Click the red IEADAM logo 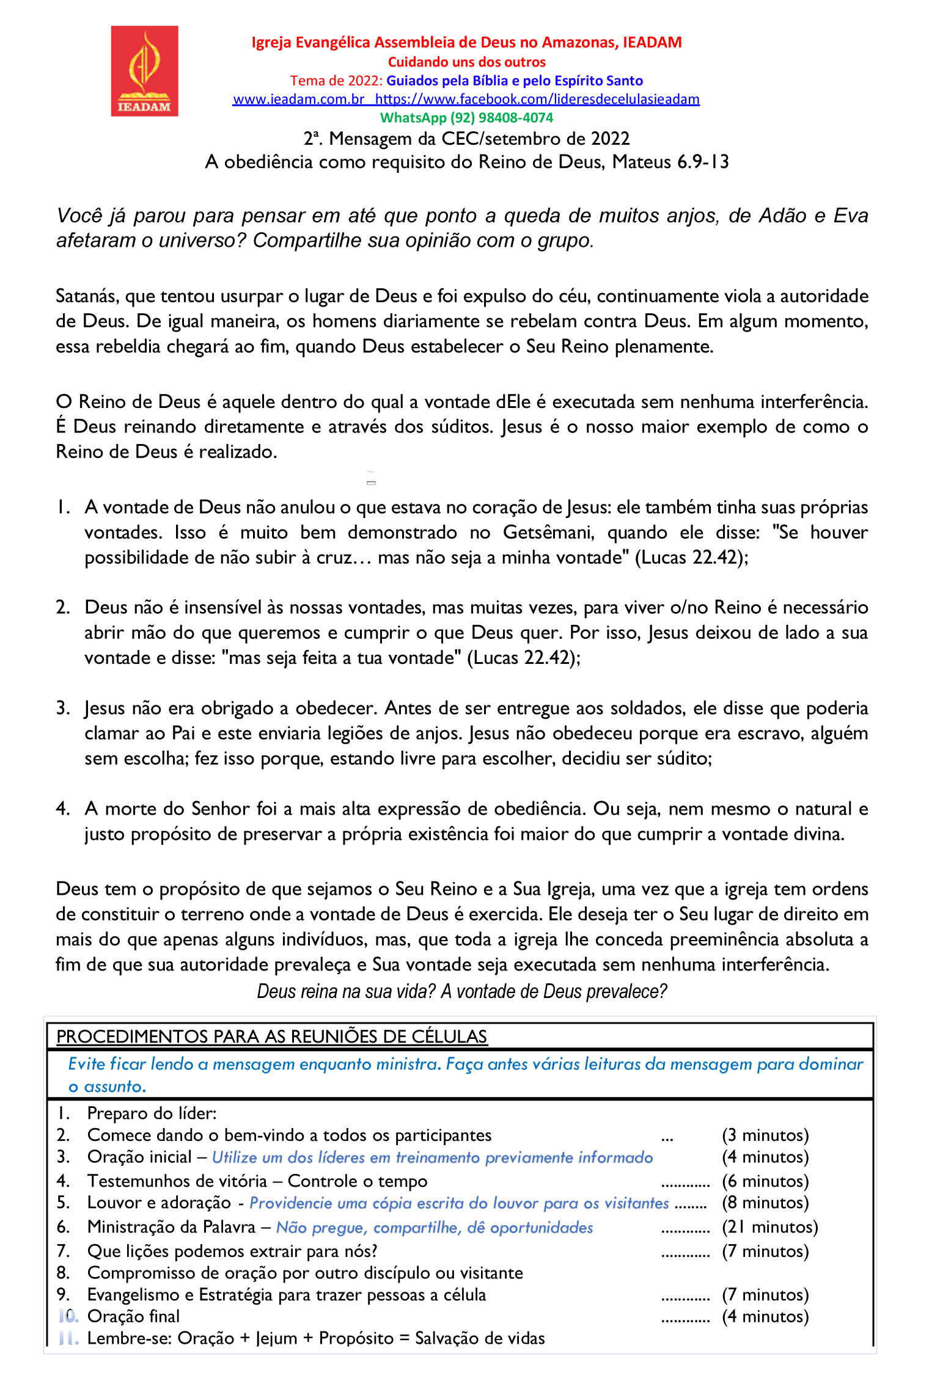144,71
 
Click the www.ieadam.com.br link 298,100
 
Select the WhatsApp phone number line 466,118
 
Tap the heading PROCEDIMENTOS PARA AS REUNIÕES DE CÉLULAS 271,1036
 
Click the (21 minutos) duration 769,1227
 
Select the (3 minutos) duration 765,1135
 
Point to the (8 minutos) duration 765,1203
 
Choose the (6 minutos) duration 765,1181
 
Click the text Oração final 133,1316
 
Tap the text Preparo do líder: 152,1113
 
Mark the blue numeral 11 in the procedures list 68,1338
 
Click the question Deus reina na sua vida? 346,991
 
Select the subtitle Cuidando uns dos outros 466,62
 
